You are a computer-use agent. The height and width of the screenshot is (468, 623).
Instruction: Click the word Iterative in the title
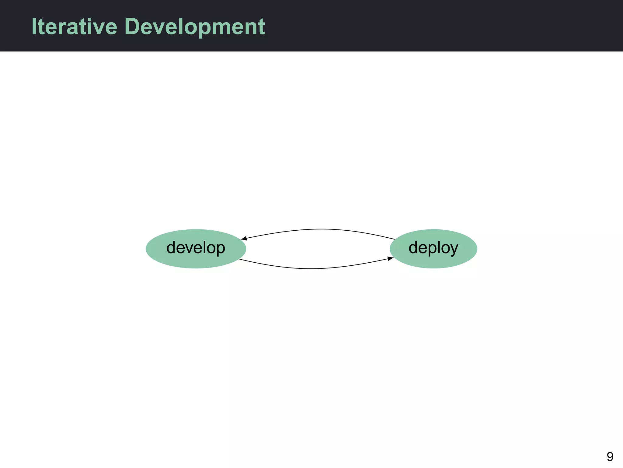point(74,27)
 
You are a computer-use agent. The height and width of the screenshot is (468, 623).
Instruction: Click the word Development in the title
point(195,27)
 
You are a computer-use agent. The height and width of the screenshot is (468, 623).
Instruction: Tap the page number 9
point(610,456)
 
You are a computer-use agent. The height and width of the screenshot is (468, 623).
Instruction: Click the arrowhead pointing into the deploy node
point(390,259)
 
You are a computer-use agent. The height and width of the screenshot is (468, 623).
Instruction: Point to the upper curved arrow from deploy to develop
point(319,229)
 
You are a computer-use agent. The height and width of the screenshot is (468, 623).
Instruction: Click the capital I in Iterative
point(34,27)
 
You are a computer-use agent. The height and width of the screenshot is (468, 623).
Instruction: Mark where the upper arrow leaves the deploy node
point(394,239)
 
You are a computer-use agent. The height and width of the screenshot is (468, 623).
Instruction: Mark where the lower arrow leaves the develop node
point(240,259)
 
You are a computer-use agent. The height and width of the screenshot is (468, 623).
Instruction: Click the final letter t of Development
point(262,27)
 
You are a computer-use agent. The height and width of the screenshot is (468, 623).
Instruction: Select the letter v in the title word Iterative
point(99,27)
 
